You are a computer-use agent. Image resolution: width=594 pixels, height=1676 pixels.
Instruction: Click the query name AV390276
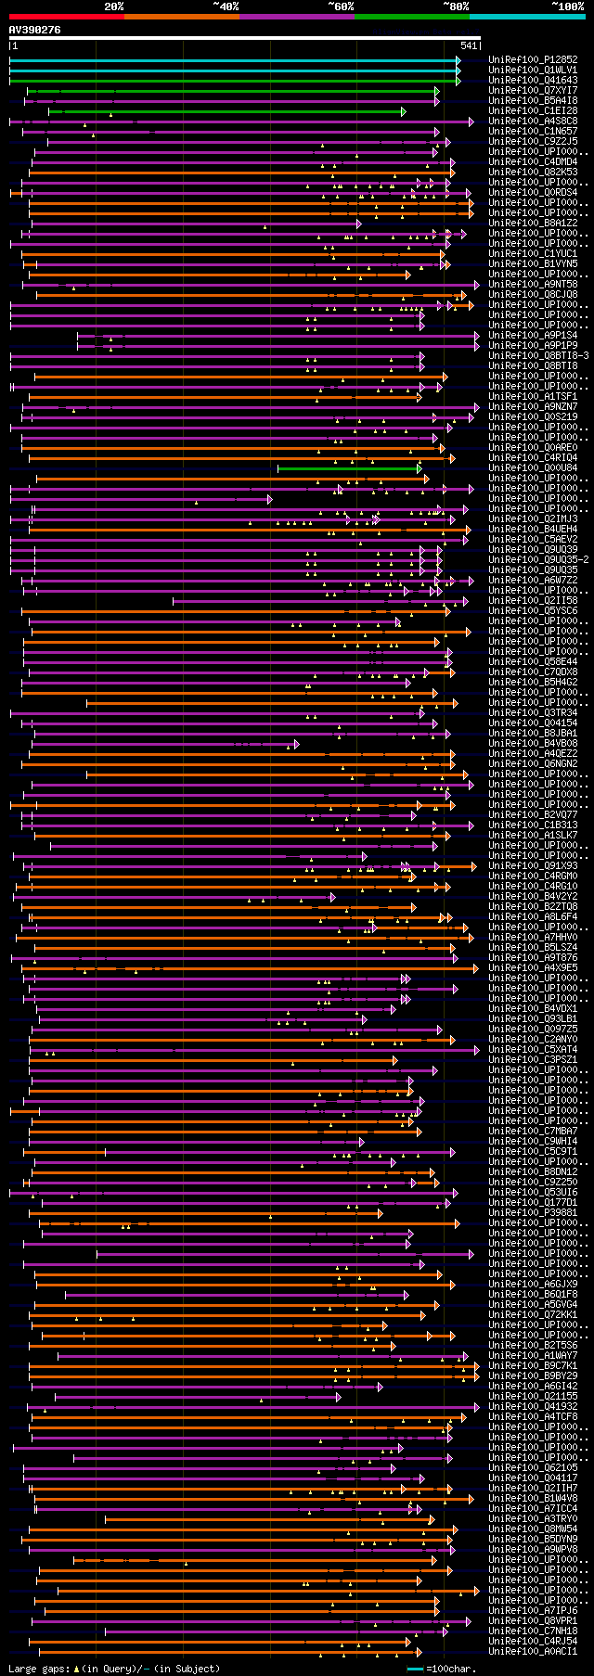coord(34,30)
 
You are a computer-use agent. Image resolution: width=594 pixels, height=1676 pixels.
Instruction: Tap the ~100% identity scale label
coord(567,6)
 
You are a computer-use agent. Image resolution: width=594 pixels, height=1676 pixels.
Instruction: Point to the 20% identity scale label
coord(113,6)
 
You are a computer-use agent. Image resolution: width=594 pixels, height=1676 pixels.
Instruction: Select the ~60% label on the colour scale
coord(341,6)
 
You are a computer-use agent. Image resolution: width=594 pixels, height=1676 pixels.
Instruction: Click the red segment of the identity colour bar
coord(66,16)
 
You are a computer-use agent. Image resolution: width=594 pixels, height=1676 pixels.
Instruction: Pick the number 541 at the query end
coord(469,45)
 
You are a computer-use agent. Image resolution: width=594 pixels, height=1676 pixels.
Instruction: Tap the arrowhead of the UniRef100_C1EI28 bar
coord(404,111)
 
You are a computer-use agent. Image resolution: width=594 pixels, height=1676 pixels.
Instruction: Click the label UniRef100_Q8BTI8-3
coord(538,355)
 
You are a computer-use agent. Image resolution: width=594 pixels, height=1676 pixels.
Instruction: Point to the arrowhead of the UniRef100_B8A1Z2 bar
coord(358,224)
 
